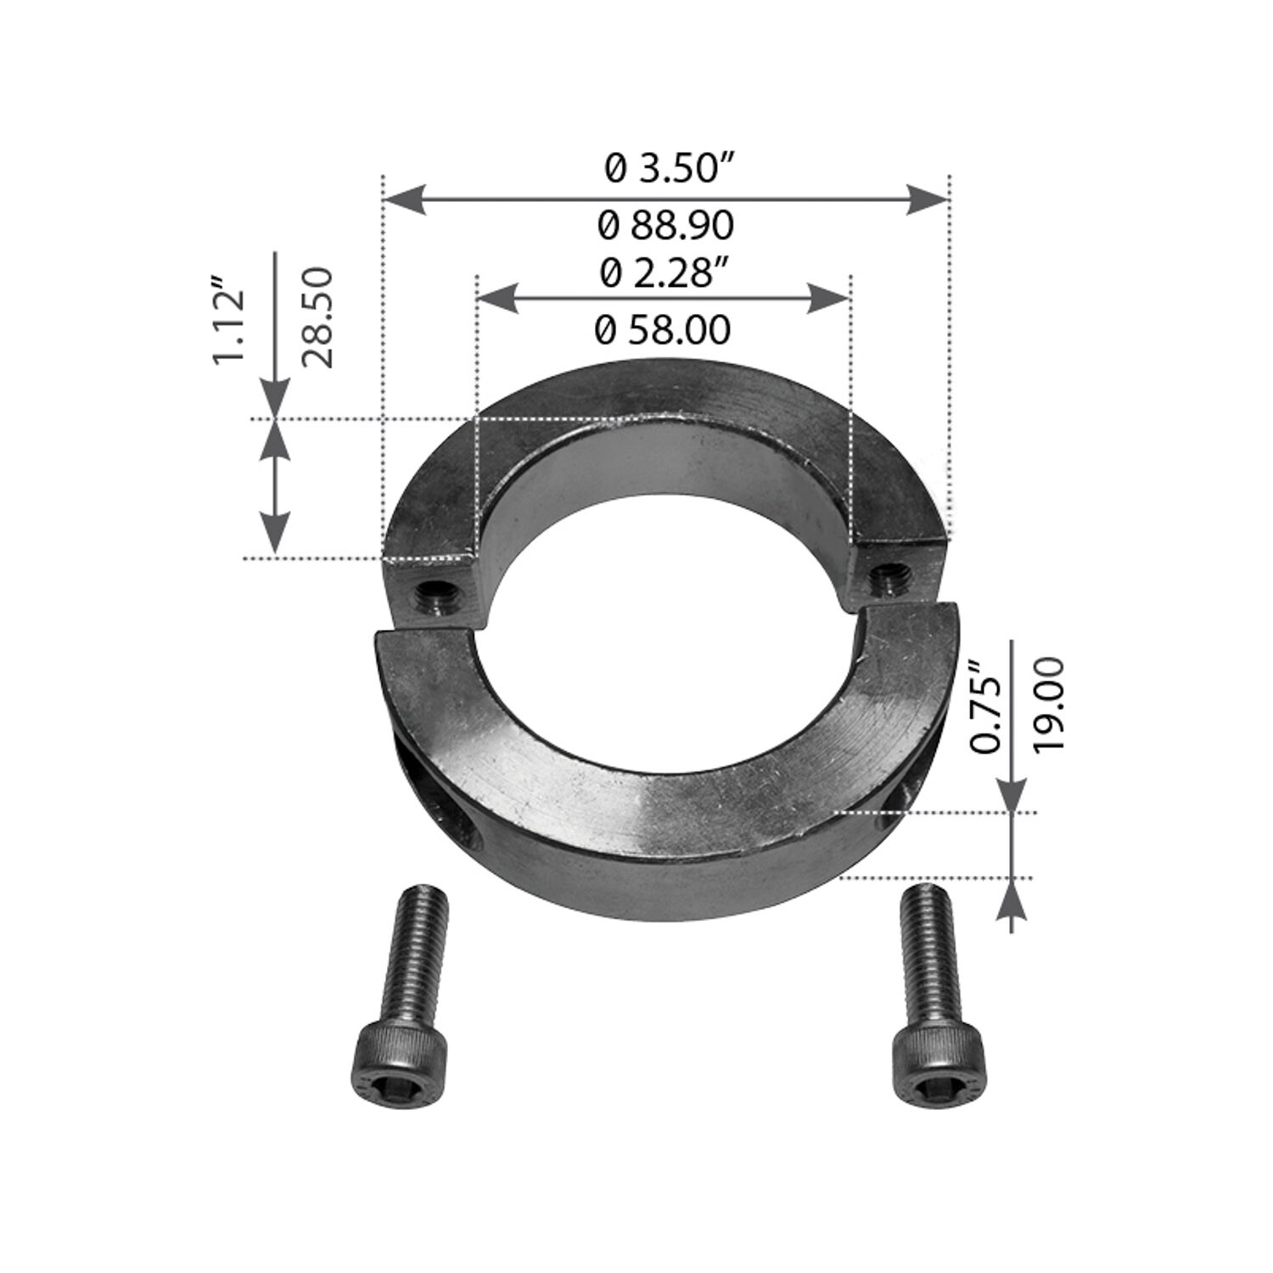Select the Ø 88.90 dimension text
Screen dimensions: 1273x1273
tap(665, 227)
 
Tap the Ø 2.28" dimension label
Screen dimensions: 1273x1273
tap(665, 274)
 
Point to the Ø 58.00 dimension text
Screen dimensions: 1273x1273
tap(663, 330)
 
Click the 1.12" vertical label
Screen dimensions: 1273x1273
tap(229, 318)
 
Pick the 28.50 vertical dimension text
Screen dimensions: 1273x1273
tap(317, 317)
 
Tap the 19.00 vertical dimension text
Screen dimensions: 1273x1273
tap(1049, 703)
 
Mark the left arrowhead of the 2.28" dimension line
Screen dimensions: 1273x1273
tap(498, 299)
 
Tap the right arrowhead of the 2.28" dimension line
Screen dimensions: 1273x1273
tap(827, 299)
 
